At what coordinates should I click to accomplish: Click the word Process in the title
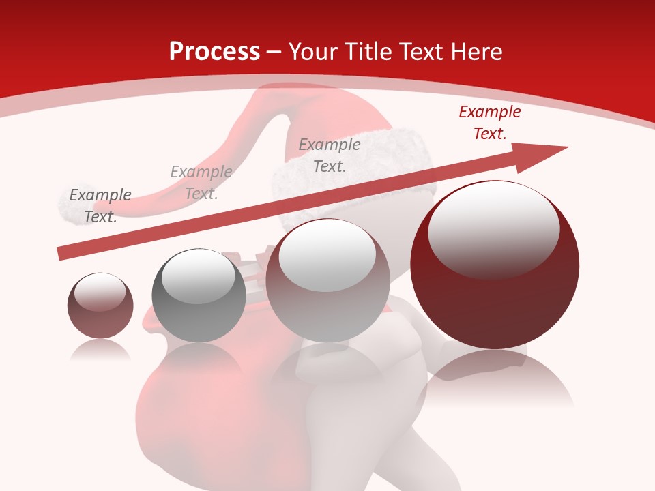214,51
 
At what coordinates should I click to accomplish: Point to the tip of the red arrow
566,147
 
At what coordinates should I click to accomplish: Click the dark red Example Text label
490,123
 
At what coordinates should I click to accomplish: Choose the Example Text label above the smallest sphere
100,205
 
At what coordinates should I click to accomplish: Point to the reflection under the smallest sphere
100,349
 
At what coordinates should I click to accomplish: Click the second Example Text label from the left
201,182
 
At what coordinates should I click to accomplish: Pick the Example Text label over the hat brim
330,155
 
